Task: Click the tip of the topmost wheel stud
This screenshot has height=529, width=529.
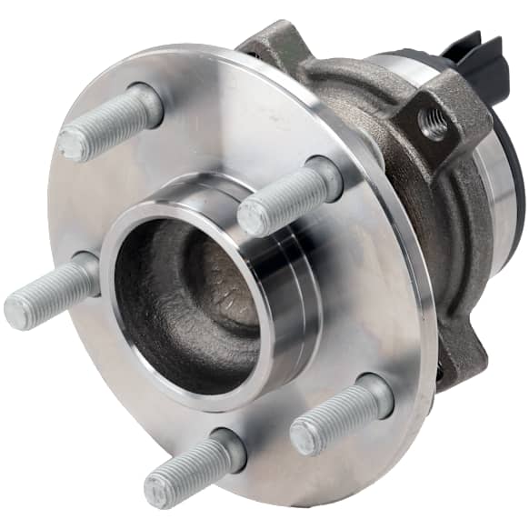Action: pyautogui.click(x=72, y=144)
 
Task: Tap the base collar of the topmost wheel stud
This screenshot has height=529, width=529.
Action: pyautogui.click(x=145, y=102)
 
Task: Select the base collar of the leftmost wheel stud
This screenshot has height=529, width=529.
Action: pyautogui.click(x=86, y=272)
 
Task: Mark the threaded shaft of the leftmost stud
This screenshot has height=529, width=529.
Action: pyautogui.click(x=50, y=293)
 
